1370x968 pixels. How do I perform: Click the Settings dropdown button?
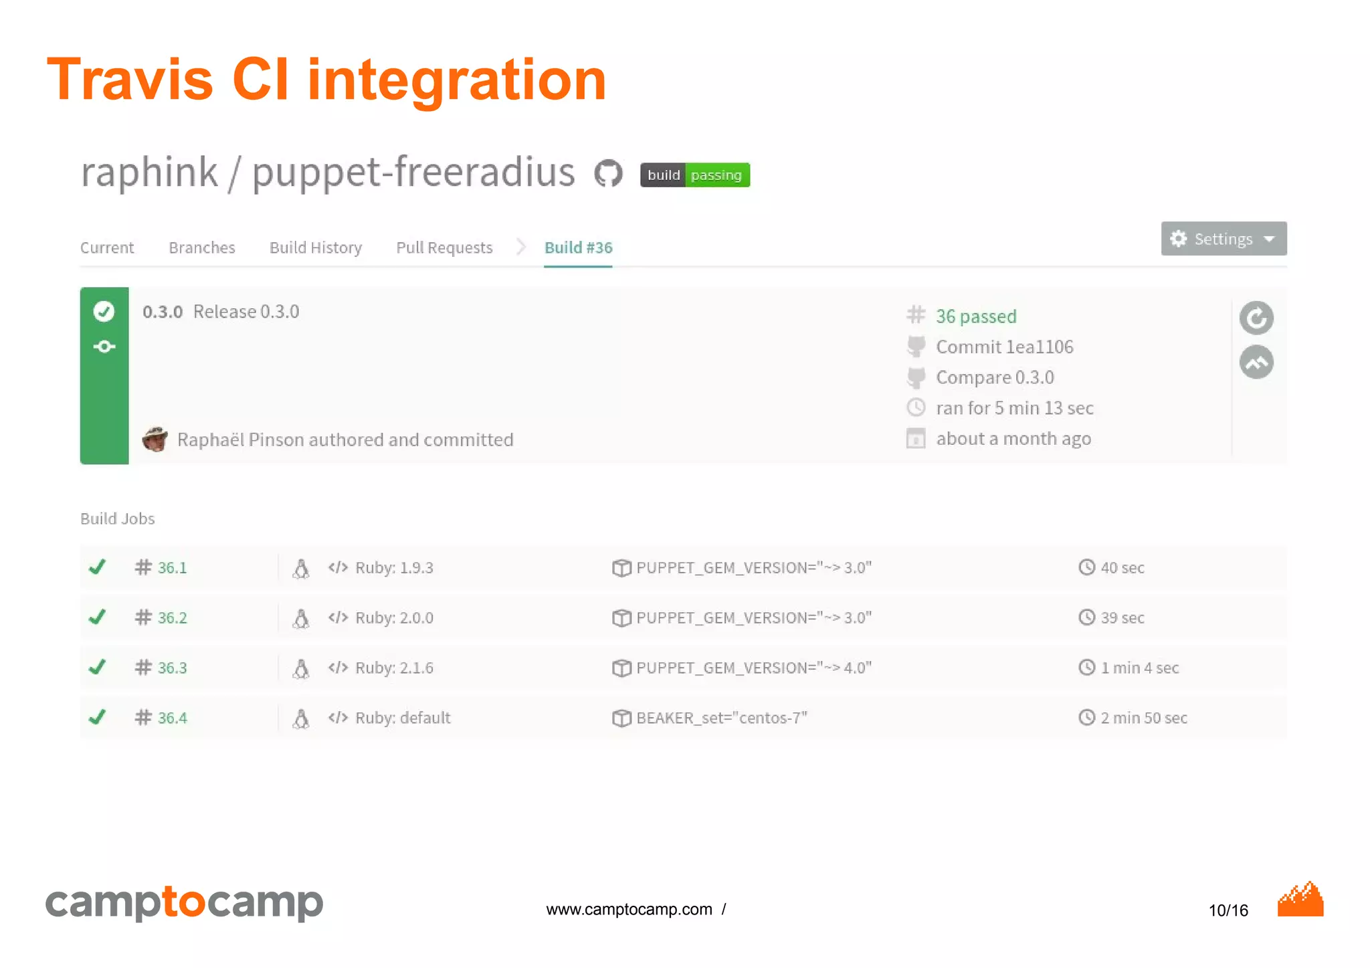(1223, 239)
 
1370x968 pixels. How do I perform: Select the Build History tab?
(315, 248)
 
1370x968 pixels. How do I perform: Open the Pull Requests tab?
(444, 248)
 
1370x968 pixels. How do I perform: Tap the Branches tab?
(202, 248)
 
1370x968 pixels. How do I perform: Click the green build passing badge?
(694, 175)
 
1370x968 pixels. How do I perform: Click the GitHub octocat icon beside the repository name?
(608, 174)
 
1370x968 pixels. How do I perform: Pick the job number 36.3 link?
(172, 668)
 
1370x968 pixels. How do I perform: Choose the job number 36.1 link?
(172, 568)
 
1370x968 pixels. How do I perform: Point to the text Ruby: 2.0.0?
(394, 617)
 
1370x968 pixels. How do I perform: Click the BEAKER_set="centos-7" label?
(721, 718)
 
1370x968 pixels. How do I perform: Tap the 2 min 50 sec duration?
(1143, 718)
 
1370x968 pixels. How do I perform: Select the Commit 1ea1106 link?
(1004, 347)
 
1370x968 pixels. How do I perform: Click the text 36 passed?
(975, 316)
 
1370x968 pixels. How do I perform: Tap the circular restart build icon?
(1256, 318)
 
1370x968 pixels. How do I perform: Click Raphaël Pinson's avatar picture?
(155, 439)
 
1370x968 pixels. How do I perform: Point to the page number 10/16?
(1228, 910)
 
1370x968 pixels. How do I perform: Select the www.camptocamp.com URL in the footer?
(629, 909)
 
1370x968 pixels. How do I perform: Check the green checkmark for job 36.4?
(98, 717)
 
